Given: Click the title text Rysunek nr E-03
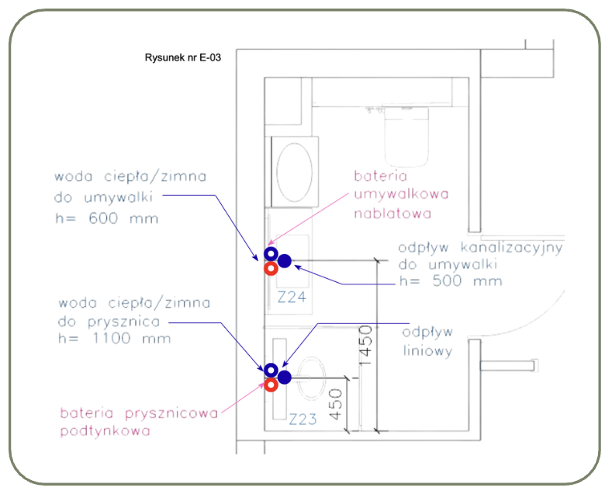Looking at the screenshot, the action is point(182,57).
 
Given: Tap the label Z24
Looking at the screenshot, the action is point(292,298).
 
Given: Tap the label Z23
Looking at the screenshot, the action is point(303,420).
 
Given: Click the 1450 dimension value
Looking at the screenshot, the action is point(365,346).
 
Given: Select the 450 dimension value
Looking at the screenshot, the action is point(336,405).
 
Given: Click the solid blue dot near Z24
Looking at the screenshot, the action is point(285,261).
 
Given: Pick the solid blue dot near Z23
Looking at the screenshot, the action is point(285,378).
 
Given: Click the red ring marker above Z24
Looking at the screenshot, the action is point(271,269).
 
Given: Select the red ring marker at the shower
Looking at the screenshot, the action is point(271,385).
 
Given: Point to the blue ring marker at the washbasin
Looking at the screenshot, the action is point(271,254).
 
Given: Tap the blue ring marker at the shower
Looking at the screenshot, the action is point(271,370).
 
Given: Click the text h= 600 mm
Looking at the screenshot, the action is point(107,218).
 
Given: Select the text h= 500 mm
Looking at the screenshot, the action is point(451,281).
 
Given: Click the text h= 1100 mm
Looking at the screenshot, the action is point(115,338).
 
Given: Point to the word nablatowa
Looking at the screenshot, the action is point(392,214).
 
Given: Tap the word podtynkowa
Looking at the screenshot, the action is point(105,430).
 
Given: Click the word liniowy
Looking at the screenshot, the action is point(427,350).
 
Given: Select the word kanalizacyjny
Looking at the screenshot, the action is point(512,248).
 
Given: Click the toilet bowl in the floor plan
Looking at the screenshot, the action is point(406,137).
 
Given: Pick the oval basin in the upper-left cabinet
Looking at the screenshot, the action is point(295,172).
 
